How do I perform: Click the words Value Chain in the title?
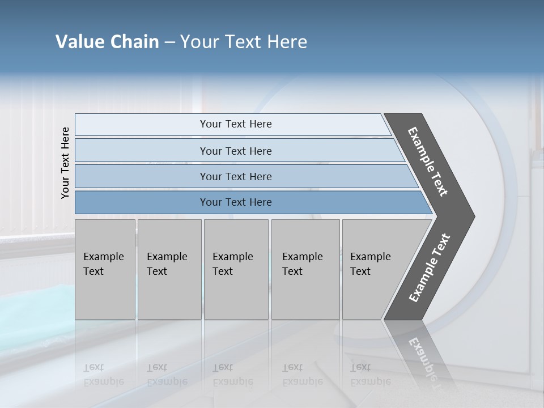(107, 42)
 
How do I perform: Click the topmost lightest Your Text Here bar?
(235, 124)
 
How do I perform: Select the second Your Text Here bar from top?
(235, 151)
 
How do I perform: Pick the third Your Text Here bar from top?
(235, 176)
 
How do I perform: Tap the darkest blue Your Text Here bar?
(235, 202)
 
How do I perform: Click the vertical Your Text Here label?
(65, 163)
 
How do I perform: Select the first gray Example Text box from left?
(105, 269)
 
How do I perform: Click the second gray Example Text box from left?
(169, 269)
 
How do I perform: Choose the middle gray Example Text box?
(236, 269)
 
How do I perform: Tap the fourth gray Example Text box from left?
(305, 269)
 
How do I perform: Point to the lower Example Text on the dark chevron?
(430, 268)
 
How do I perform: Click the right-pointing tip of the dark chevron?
(471, 216)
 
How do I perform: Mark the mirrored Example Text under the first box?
(103, 375)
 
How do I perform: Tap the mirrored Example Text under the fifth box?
(370, 375)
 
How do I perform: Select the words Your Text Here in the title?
(244, 42)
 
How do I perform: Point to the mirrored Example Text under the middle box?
(232, 375)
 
